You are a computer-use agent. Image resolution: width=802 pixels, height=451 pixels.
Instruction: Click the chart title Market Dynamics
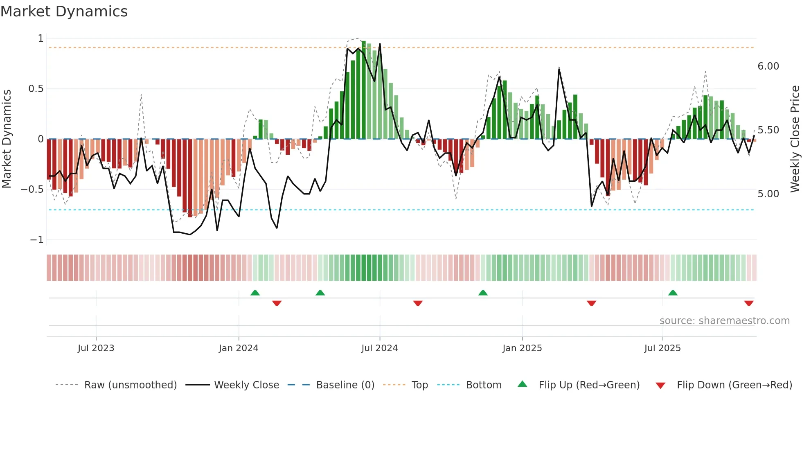(x=64, y=11)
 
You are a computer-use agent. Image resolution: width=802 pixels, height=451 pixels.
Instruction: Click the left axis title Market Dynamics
(x=7, y=139)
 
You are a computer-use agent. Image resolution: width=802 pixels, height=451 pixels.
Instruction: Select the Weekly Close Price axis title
(x=795, y=139)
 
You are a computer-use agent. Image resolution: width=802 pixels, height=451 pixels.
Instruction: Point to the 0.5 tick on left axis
(x=36, y=89)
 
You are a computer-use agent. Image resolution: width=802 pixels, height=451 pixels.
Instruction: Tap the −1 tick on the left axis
(x=37, y=240)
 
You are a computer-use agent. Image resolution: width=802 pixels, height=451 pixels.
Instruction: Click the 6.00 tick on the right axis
(x=768, y=66)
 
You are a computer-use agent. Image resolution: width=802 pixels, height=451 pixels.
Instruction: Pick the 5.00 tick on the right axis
(x=768, y=194)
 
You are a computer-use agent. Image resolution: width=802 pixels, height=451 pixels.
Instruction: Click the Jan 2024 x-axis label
(x=239, y=348)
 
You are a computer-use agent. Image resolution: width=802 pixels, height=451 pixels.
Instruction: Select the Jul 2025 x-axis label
(x=662, y=348)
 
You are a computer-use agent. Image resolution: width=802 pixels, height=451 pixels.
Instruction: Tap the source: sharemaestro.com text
(x=724, y=321)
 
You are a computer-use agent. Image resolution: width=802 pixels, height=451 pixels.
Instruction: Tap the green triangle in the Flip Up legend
(x=523, y=384)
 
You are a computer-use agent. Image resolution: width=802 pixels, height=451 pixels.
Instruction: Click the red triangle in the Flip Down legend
(x=660, y=386)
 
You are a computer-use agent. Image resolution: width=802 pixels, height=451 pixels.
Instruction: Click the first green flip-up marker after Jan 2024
(x=255, y=293)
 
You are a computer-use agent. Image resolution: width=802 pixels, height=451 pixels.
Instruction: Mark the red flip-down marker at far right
(x=749, y=303)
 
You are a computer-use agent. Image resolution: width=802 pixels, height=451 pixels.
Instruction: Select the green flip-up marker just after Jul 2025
(x=673, y=293)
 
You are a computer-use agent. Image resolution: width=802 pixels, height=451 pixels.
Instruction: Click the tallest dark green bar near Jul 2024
(x=364, y=90)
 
